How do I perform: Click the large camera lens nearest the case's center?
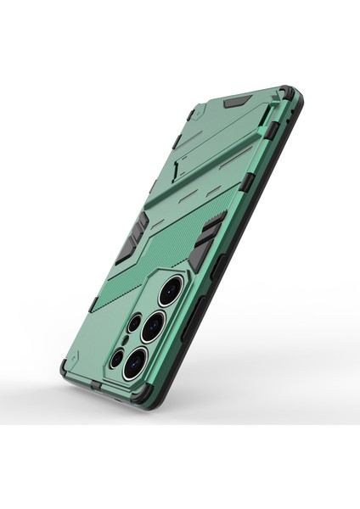point(171,289)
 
